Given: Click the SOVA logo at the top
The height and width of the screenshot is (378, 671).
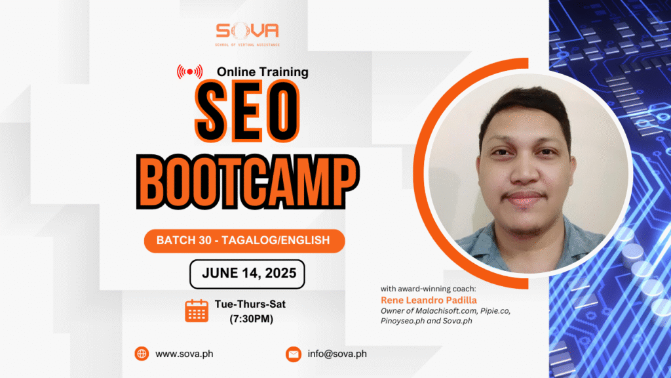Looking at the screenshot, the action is click(247, 34).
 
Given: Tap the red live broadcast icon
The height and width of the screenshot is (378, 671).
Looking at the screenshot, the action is click(189, 72).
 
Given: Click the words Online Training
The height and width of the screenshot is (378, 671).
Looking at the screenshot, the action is click(262, 72).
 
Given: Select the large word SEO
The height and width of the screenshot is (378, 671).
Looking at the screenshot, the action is click(247, 111).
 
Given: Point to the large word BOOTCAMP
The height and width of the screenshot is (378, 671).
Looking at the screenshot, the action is click(248, 182).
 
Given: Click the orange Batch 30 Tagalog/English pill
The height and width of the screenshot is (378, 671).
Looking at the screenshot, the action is click(244, 241).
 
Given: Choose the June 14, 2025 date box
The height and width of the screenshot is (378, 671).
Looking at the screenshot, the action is click(247, 274).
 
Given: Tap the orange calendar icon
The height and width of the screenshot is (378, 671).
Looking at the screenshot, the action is click(197, 310).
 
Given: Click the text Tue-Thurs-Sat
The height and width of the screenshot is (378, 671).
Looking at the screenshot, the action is click(250, 304).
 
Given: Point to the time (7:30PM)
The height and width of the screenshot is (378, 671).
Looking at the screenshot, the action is click(251, 319).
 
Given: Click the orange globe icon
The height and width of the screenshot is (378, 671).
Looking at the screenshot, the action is click(142, 354).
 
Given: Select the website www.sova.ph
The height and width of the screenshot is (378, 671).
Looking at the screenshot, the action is click(184, 354).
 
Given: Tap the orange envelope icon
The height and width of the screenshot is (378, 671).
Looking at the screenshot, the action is click(294, 354).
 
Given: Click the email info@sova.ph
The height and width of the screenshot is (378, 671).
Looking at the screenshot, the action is click(337, 354).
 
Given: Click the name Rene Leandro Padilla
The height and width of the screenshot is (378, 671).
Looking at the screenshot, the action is click(429, 300).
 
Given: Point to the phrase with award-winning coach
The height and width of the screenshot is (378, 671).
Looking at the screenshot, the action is click(428, 289).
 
